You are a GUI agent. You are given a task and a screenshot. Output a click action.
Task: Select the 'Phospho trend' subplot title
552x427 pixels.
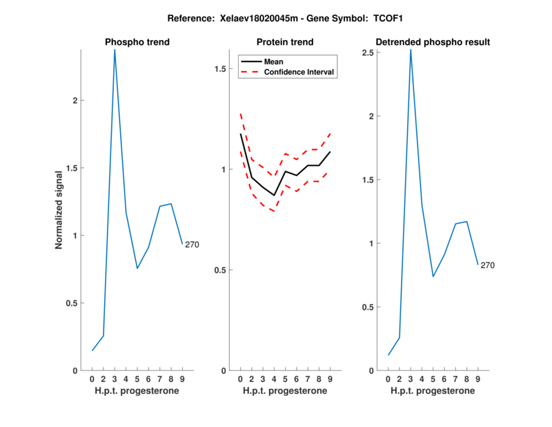pyautogui.click(x=137, y=42)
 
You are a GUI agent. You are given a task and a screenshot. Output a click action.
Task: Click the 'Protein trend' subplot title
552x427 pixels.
pyautogui.click(x=285, y=42)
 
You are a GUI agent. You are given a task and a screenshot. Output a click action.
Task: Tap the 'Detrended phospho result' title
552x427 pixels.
pyautogui.click(x=433, y=42)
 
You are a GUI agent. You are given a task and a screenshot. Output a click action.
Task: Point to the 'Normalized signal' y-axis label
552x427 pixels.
pyautogui.click(x=59, y=210)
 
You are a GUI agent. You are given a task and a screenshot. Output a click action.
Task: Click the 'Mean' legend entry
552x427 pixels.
pyautogui.click(x=273, y=61)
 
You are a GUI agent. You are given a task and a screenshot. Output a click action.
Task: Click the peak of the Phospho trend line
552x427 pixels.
pyautogui.click(x=115, y=50)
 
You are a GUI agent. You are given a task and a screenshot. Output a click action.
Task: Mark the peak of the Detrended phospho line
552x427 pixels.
pyautogui.click(x=411, y=50)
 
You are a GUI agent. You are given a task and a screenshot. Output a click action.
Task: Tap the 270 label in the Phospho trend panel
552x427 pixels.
pyautogui.click(x=192, y=245)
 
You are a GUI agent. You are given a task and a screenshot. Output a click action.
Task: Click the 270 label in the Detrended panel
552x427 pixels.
pyautogui.click(x=488, y=265)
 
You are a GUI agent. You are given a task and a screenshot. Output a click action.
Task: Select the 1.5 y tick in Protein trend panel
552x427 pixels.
pyautogui.click(x=221, y=69)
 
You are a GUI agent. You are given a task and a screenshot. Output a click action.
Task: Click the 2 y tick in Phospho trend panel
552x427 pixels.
pyautogui.click(x=75, y=101)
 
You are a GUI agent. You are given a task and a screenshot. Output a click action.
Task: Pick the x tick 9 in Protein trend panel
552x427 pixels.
pyautogui.click(x=331, y=379)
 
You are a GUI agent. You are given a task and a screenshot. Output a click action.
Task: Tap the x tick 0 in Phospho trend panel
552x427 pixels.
pyautogui.click(x=92, y=379)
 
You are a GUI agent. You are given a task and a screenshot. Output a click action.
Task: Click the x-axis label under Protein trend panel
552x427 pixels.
pyautogui.click(x=285, y=391)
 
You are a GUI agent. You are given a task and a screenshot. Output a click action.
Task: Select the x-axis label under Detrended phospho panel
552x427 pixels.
pyautogui.click(x=433, y=391)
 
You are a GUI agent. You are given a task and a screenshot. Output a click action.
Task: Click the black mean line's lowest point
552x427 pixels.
pyautogui.click(x=274, y=196)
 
